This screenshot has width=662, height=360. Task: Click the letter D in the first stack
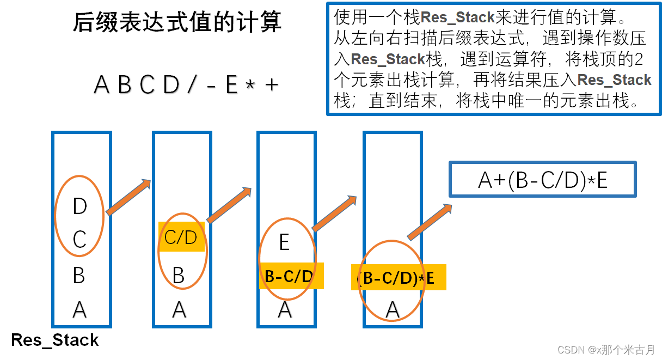pos(79,206)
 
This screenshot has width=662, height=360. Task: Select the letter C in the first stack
pos(79,239)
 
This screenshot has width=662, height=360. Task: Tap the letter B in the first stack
pos(79,276)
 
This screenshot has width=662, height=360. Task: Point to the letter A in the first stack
pos(79,309)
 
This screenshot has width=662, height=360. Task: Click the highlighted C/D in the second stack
pos(181,237)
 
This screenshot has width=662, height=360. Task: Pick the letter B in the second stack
pos(179,276)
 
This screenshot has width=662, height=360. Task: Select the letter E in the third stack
pos(284,242)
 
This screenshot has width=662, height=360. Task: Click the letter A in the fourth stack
pos(393,309)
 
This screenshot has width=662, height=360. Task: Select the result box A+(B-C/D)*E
pos(542,180)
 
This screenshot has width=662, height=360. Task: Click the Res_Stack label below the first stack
pos(55,340)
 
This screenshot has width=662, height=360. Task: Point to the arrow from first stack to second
pos(128,197)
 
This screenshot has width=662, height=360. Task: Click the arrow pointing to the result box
pos(430,222)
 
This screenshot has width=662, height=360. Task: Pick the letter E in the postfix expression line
pos(232,84)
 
